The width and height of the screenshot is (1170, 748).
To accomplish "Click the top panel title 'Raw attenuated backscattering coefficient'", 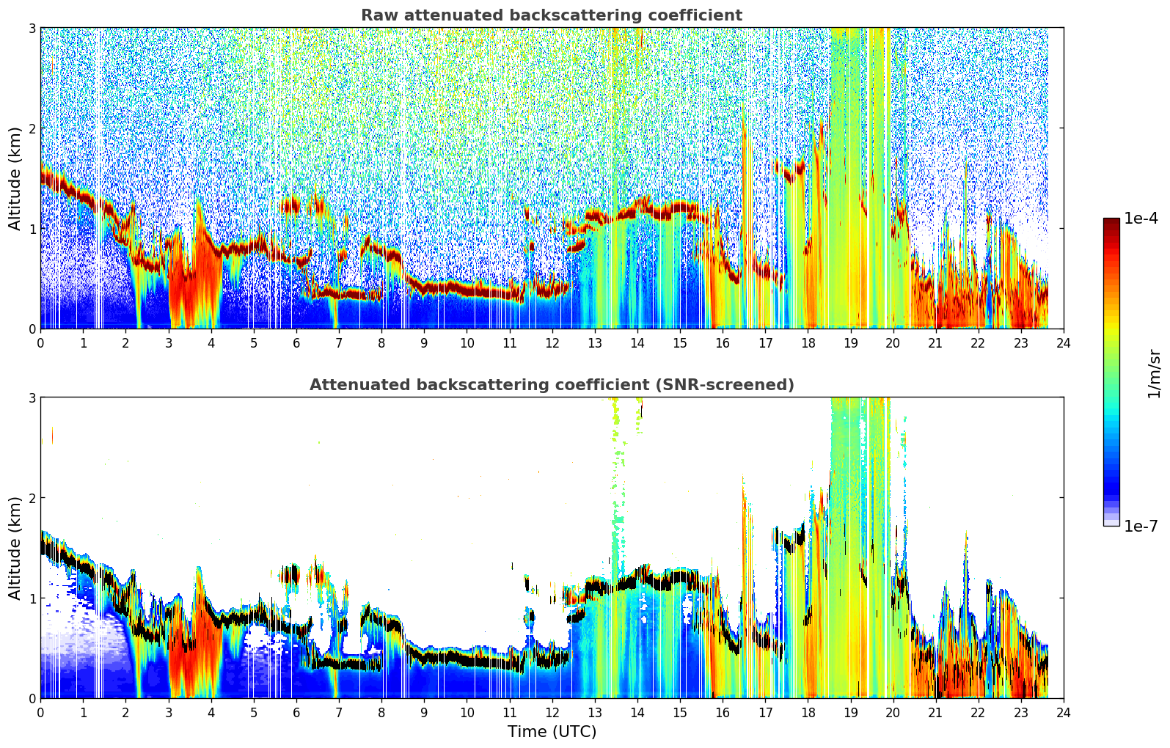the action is click(552, 15).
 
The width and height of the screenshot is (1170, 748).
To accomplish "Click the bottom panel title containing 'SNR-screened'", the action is click(552, 385).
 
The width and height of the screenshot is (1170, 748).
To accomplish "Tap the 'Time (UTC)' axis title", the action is click(552, 732).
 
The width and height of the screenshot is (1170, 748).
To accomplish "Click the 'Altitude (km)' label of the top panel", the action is click(15, 179).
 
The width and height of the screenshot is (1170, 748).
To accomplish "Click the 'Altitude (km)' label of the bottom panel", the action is click(15, 548).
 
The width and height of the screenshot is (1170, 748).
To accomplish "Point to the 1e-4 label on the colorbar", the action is click(1141, 219).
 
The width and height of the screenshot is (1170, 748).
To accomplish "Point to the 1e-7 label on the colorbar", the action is click(1141, 526).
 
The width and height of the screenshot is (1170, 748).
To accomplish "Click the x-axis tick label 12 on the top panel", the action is click(552, 343).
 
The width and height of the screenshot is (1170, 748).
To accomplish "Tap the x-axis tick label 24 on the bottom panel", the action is click(1064, 713).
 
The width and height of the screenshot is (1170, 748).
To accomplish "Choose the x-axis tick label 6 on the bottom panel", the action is click(296, 713).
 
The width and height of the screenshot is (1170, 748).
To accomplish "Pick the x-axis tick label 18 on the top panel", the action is click(808, 343).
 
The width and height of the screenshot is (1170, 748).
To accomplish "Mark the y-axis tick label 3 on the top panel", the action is click(32, 28).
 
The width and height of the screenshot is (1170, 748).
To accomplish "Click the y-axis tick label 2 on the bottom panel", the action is click(32, 498).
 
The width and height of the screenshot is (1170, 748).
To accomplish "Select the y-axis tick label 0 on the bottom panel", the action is click(32, 699).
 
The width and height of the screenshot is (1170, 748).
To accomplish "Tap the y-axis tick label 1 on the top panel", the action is click(32, 229).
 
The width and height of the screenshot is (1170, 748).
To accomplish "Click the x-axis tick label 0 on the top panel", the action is click(41, 343).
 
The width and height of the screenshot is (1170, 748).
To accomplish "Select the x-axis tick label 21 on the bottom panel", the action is click(936, 713).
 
